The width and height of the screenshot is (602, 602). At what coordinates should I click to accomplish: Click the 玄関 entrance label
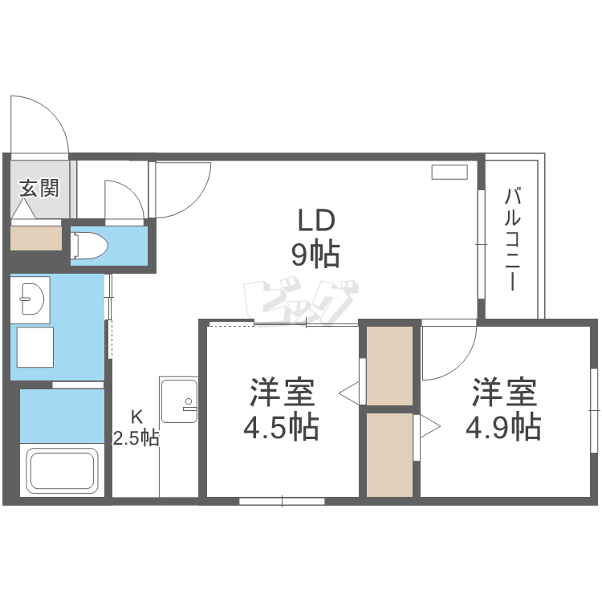pyautogui.click(x=39, y=189)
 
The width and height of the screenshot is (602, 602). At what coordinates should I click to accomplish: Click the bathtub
pyautogui.click(x=63, y=471)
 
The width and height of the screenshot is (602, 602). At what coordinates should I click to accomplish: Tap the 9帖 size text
pyautogui.click(x=315, y=255)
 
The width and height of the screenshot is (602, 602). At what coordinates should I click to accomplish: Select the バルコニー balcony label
pyautogui.click(x=511, y=239)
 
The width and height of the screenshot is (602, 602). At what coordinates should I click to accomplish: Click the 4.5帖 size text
pyautogui.click(x=282, y=426)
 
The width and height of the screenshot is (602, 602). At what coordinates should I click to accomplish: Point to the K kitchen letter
pyautogui.click(x=136, y=417)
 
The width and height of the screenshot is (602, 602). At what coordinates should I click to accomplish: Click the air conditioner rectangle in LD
pyautogui.click(x=449, y=172)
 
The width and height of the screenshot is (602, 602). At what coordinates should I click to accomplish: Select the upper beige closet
pyautogui.click(x=389, y=365)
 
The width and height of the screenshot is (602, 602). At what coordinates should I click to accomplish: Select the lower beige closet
pyautogui.click(x=389, y=454)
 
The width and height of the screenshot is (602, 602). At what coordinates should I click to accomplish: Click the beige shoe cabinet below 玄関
pyautogui.click(x=36, y=238)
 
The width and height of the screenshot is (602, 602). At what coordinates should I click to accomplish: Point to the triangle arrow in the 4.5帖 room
pyautogui.click(x=349, y=393)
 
